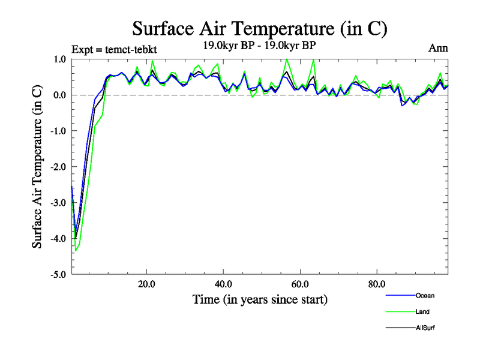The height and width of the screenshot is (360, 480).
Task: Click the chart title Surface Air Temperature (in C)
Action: click(x=259, y=28)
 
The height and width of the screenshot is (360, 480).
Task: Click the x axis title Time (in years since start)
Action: click(x=260, y=299)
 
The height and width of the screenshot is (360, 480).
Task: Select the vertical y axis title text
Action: click(x=37, y=167)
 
